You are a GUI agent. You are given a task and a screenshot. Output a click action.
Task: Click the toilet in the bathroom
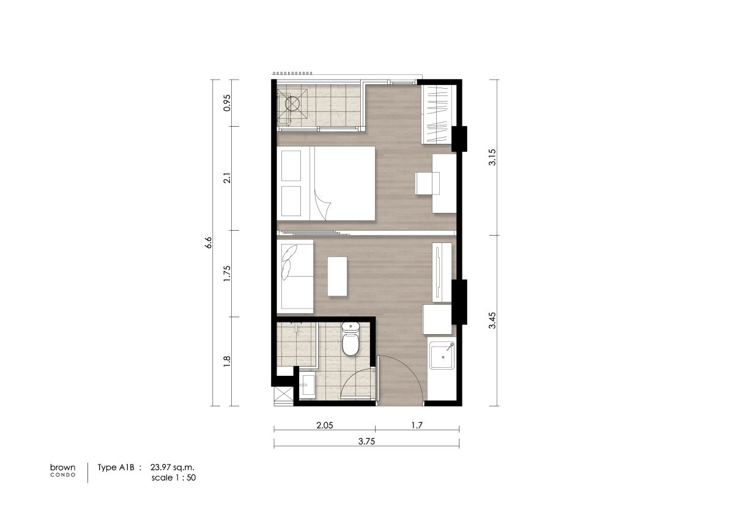click(350, 339)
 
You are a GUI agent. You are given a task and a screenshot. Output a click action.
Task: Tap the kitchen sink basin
click(442, 356)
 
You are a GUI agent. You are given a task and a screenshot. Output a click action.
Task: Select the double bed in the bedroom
click(325, 183)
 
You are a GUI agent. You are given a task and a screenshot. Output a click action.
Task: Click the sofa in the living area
click(295, 277)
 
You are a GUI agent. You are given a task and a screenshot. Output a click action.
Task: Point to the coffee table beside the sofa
click(337, 277)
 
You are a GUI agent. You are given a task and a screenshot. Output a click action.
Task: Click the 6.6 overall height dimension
click(209, 242)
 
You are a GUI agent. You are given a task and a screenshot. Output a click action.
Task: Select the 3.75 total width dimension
click(366, 441)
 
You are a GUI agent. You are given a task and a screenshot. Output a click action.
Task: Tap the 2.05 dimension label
click(324, 425)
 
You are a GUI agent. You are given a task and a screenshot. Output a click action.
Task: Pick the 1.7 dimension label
click(417, 425)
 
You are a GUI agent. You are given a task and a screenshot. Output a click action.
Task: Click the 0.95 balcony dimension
click(227, 103)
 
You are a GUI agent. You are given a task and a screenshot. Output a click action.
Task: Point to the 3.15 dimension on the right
click(492, 157)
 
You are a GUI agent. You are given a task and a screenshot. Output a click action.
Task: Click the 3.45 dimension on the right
click(492, 320)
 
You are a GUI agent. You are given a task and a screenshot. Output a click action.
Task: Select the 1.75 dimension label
click(227, 274)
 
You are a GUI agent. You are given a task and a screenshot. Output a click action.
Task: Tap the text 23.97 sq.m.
click(172, 467)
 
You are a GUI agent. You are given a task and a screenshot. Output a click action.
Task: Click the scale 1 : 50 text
click(173, 478)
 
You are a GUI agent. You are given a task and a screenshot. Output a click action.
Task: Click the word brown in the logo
click(62, 468)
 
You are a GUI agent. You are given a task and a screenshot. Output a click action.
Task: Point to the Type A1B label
click(116, 468)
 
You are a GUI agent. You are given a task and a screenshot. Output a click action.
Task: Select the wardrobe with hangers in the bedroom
click(438, 114)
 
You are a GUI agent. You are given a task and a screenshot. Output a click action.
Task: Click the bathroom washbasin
click(308, 385)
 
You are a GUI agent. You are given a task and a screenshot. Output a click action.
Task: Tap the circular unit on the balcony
click(292, 103)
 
